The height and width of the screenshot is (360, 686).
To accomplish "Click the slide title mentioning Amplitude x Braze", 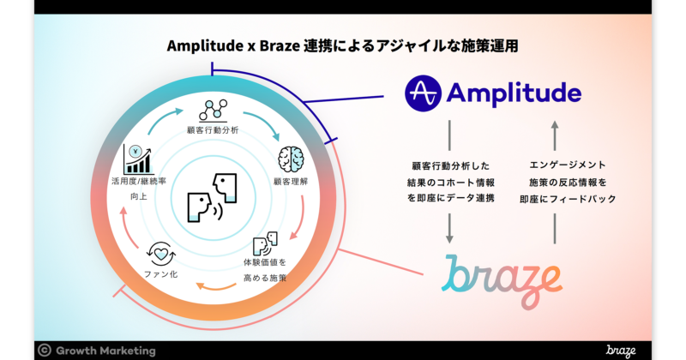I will (x=343, y=45).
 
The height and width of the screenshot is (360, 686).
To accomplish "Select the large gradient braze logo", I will (x=502, y=279).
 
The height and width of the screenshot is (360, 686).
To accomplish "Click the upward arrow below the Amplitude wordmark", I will (x=555, y=134).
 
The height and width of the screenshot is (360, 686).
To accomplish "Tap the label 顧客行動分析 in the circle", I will (x=212, y=131).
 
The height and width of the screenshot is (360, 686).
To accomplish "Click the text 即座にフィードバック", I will (x=555, y=199).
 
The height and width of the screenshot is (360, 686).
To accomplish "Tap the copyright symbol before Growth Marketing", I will (x=44, y=350).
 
